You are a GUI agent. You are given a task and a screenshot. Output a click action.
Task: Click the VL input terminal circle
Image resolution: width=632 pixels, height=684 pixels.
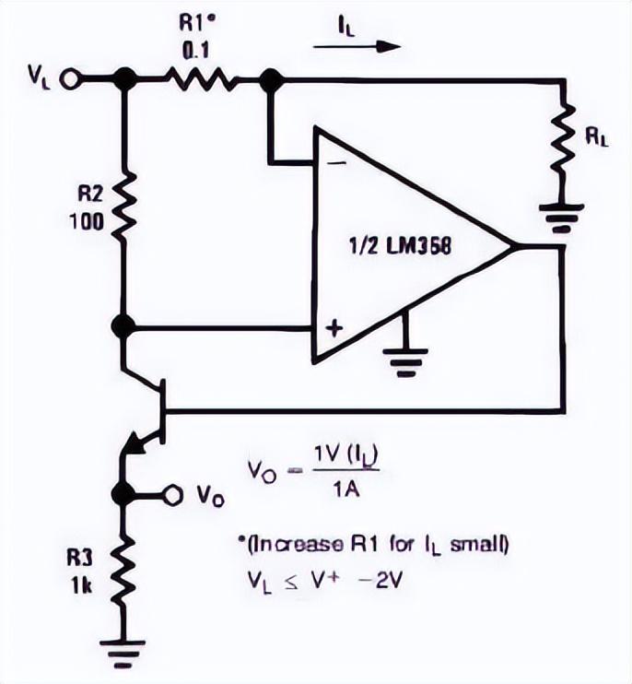click(x=68, y=80)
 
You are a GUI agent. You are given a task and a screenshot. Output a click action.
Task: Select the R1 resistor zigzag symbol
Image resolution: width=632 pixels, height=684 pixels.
click(x=202, y=80)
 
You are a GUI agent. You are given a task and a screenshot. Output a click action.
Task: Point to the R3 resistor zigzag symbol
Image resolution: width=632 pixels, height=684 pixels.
click(x=124, y=572)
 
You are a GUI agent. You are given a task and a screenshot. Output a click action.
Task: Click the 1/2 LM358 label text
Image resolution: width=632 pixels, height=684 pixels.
click(x=400, y=247)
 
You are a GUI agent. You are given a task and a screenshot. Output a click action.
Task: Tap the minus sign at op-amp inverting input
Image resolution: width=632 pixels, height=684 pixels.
click(x=336, y=163)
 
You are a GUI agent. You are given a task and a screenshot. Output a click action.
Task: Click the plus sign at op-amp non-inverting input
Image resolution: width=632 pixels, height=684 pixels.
click(x=334, y=328)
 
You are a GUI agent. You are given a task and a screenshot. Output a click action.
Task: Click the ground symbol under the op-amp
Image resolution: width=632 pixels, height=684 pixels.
click(x=405, y=361)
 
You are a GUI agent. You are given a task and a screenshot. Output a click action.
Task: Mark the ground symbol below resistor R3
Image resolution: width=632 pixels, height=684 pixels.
click(x=123, y=654)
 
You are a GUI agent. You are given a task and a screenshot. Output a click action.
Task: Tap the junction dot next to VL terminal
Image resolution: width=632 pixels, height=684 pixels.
click(x=125, y=79)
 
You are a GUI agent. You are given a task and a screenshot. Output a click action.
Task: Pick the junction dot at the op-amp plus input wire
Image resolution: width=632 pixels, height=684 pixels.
click(x=123, y=326)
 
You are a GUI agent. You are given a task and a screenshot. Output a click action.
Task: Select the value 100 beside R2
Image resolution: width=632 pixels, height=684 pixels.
click(x=88, y=222)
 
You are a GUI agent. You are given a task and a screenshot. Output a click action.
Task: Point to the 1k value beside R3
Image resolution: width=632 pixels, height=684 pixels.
click(x=81, y=586)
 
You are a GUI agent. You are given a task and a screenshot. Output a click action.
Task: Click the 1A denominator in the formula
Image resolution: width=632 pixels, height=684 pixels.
click(x=346, y=489)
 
